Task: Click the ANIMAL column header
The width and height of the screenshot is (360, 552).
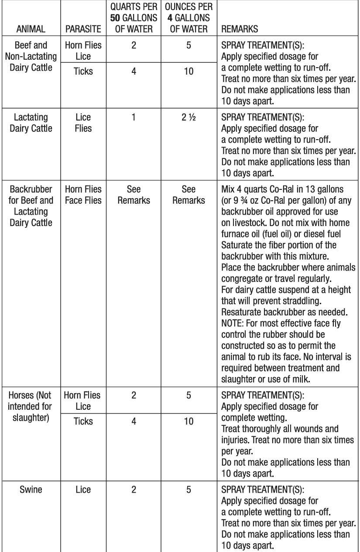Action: click(x=30, y=31)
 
